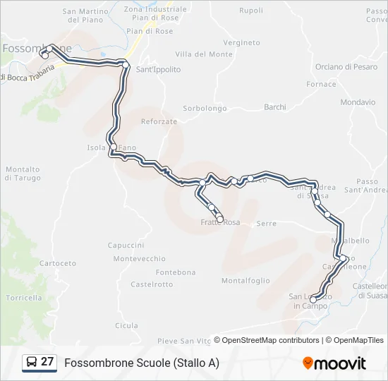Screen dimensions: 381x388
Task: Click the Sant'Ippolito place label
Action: (x=158, y=69)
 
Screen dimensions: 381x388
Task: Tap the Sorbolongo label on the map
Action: (x=205, y=108)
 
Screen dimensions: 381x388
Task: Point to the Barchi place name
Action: (x=274, y=107)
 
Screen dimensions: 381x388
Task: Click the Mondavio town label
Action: (x=357, y=102)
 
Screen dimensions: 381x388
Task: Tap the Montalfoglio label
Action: (x=245, y=280)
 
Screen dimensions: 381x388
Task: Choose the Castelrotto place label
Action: (x=152, y=284)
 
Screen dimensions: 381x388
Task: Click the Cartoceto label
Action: (x=58, y=263)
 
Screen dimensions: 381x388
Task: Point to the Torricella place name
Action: (x=25, y=297)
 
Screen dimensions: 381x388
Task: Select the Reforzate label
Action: (x=159, y=121)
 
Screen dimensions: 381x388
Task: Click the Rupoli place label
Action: (x=251, y=11)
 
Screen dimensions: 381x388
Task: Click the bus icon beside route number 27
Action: (x=32, y=363)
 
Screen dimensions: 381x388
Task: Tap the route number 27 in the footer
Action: (x=47, y=362)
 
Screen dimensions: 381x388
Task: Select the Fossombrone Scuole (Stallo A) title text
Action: (x=142, y=363)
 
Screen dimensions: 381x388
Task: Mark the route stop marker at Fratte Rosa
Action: (x=220, y=219)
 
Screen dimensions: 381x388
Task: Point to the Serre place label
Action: (x=267, y=223)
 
